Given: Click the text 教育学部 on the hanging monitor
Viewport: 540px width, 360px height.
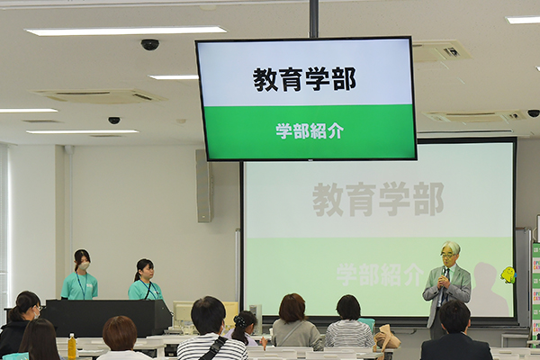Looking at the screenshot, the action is (x=304, y=79).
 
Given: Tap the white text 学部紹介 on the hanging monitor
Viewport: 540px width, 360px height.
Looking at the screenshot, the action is (x=310, y=130).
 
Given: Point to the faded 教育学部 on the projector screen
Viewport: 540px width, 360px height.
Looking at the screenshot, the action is (x=378, y=199).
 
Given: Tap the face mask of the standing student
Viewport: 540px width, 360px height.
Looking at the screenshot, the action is (x=85, y=266).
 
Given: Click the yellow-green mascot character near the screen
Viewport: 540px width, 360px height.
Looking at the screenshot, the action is (x=508, y=274).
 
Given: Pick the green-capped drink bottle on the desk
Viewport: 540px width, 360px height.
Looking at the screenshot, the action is (x=72, y=346).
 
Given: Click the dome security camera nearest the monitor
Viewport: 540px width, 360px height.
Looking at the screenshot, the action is (x=149, y=44).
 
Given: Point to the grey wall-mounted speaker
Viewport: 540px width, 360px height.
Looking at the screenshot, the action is (x=204, y=186).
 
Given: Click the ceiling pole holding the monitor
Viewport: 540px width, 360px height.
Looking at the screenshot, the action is (x=313, y=19).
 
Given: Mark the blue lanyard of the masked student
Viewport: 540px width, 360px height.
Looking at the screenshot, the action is (x=80, y=285).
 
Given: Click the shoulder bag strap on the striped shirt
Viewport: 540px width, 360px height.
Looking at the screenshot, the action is (x=212, y=348).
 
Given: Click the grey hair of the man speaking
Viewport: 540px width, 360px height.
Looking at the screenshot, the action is (x=451, y=247).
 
